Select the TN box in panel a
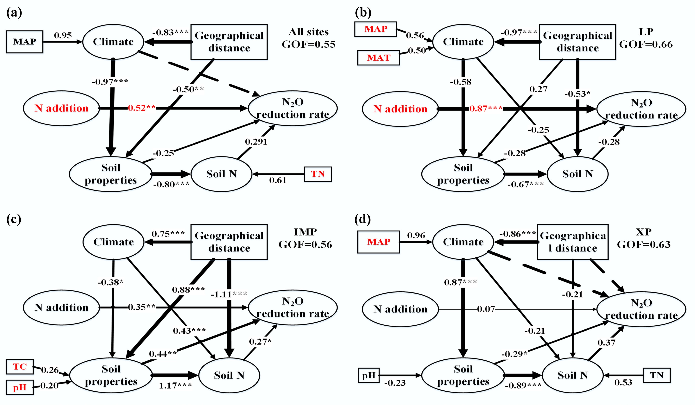318,174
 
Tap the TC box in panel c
19,367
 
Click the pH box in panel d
368,375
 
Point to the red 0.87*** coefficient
486,108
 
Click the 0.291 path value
256,142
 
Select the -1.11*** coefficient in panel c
229,295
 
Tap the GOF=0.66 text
646,44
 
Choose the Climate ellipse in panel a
113,42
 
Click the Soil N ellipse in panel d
573,375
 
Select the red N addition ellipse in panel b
400,109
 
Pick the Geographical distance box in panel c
229,242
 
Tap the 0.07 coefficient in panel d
486,309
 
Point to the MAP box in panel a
25,42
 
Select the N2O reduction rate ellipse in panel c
293,307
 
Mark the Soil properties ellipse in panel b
463,174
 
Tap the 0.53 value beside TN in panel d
623,382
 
